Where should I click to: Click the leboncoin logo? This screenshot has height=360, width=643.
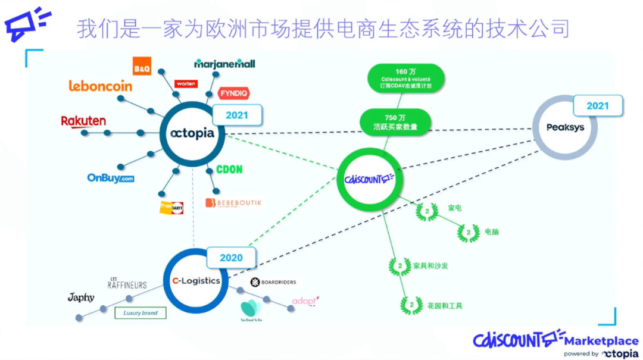click(x=100, y=86)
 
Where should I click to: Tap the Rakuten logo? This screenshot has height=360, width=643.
click(x=83, y=121)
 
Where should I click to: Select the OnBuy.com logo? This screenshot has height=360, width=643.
click(x=110, y=177)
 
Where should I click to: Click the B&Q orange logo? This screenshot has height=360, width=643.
click(x=142, y=67)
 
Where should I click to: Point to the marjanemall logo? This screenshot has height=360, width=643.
click(x=224, y=64)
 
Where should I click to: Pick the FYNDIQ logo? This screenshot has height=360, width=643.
click(x=234, y=93)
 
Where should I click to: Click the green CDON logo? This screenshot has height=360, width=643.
click(x=229, y=170)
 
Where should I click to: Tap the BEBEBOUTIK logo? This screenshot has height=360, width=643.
click(x=233, y=203)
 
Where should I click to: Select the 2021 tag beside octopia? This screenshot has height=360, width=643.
click(x=237, y=115)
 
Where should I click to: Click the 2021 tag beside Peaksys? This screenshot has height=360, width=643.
click(x=598, y=105)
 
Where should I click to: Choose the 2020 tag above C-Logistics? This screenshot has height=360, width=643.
click(x=232, y=258)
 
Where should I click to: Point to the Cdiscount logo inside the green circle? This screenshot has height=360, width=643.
click(x=370, y=178)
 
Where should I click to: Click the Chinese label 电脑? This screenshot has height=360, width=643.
click(x=492, y=231)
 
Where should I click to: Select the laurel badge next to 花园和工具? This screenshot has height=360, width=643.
click(x=410, y=305)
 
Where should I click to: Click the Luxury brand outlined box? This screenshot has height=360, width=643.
click(x=141, y=312)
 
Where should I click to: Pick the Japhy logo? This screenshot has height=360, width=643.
click(x=81, y=297)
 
